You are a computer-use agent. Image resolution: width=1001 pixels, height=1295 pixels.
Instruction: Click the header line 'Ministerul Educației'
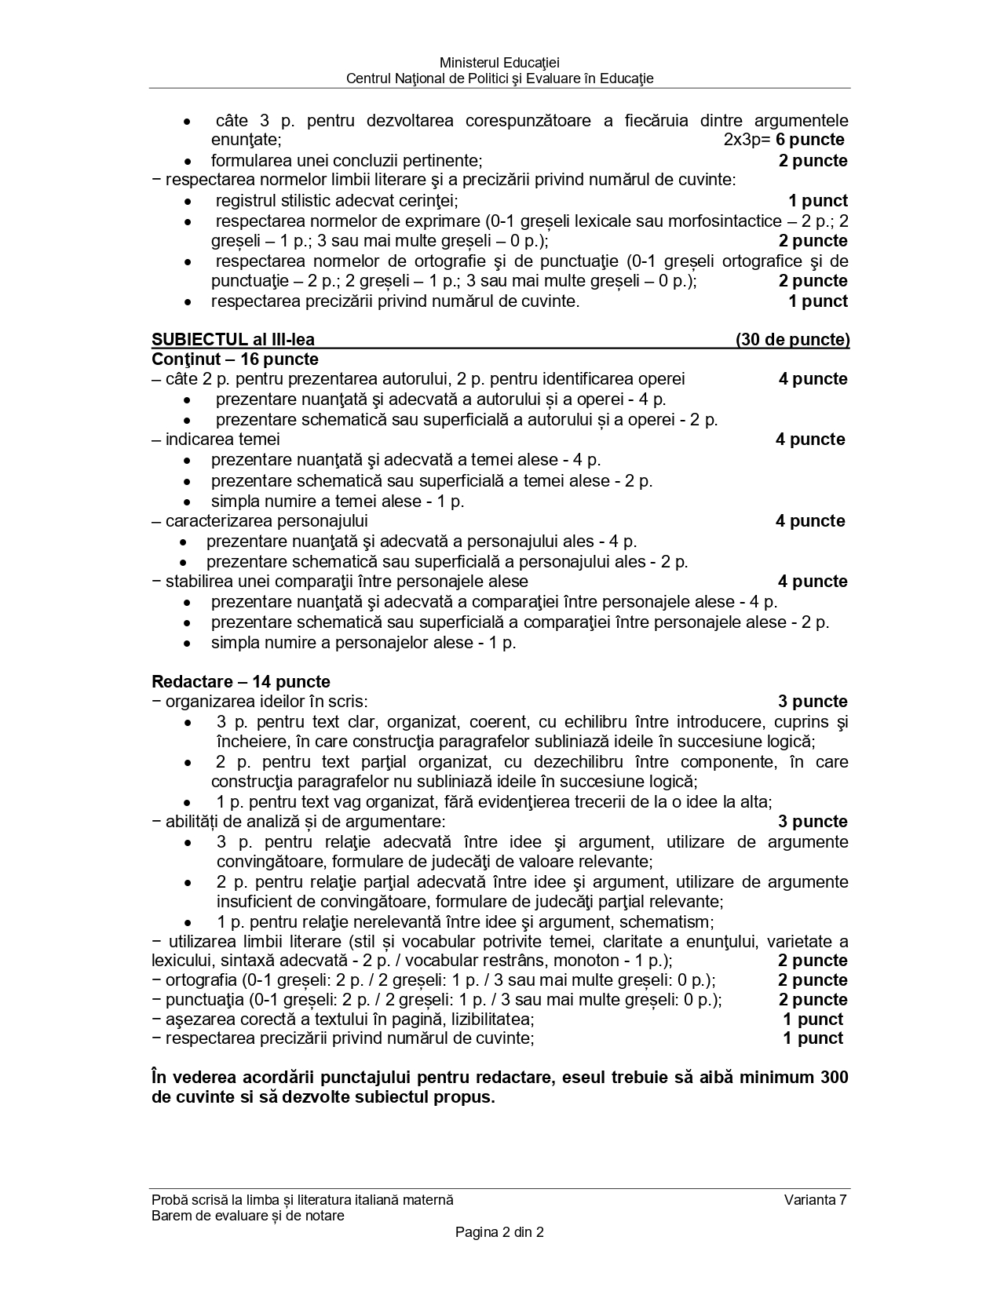coord(499,62)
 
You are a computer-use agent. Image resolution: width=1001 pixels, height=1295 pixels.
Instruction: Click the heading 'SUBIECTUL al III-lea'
coord(233,340)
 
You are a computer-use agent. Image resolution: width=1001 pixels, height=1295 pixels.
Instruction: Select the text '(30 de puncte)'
coord(792,340)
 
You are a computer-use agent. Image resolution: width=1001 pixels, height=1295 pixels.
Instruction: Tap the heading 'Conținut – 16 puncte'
coord(235,359)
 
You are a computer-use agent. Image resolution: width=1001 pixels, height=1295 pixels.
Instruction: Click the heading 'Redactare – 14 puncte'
coord(241,681)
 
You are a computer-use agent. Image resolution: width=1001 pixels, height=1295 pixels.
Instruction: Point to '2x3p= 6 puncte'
coord(784,140)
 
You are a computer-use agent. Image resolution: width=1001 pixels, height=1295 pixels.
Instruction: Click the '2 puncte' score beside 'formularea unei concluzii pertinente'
coord(813,161)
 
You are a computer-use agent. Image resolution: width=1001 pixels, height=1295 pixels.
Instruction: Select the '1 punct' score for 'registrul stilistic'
coord(817,201)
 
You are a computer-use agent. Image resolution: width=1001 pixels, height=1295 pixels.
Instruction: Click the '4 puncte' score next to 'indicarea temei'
coord(810,440)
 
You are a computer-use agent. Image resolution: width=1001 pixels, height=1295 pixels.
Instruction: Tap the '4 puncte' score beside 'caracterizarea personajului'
coord(810,521)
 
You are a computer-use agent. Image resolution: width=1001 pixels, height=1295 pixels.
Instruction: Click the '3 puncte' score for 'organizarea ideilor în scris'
coord(813,702)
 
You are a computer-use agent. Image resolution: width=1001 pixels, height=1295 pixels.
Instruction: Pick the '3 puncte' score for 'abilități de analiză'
coord(813,822)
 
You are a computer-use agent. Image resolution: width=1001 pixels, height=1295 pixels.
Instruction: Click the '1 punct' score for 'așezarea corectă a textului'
coord(813,1020)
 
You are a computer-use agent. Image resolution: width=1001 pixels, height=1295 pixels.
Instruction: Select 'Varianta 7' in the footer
coord(815,1199)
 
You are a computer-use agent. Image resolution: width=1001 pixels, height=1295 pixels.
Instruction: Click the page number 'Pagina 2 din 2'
coord(499,1232)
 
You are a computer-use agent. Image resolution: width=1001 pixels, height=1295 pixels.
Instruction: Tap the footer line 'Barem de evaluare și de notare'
coord(248,1216)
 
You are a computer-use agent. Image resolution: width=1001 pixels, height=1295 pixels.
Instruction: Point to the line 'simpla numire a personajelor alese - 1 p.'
coord(364,643)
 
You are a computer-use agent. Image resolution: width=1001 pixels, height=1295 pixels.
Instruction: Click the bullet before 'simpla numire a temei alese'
coord(187,502)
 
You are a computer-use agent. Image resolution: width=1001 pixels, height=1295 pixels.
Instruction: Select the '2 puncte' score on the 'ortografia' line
coord(813,980)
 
